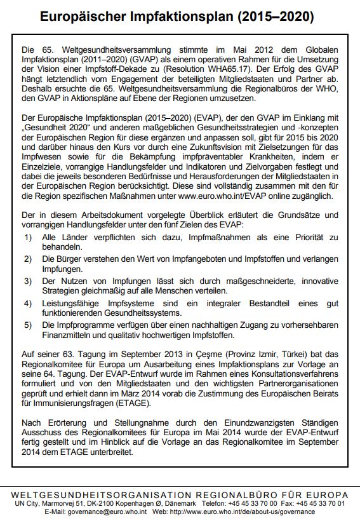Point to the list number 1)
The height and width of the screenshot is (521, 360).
point(29,236)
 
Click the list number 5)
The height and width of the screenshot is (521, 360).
point(29,325)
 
